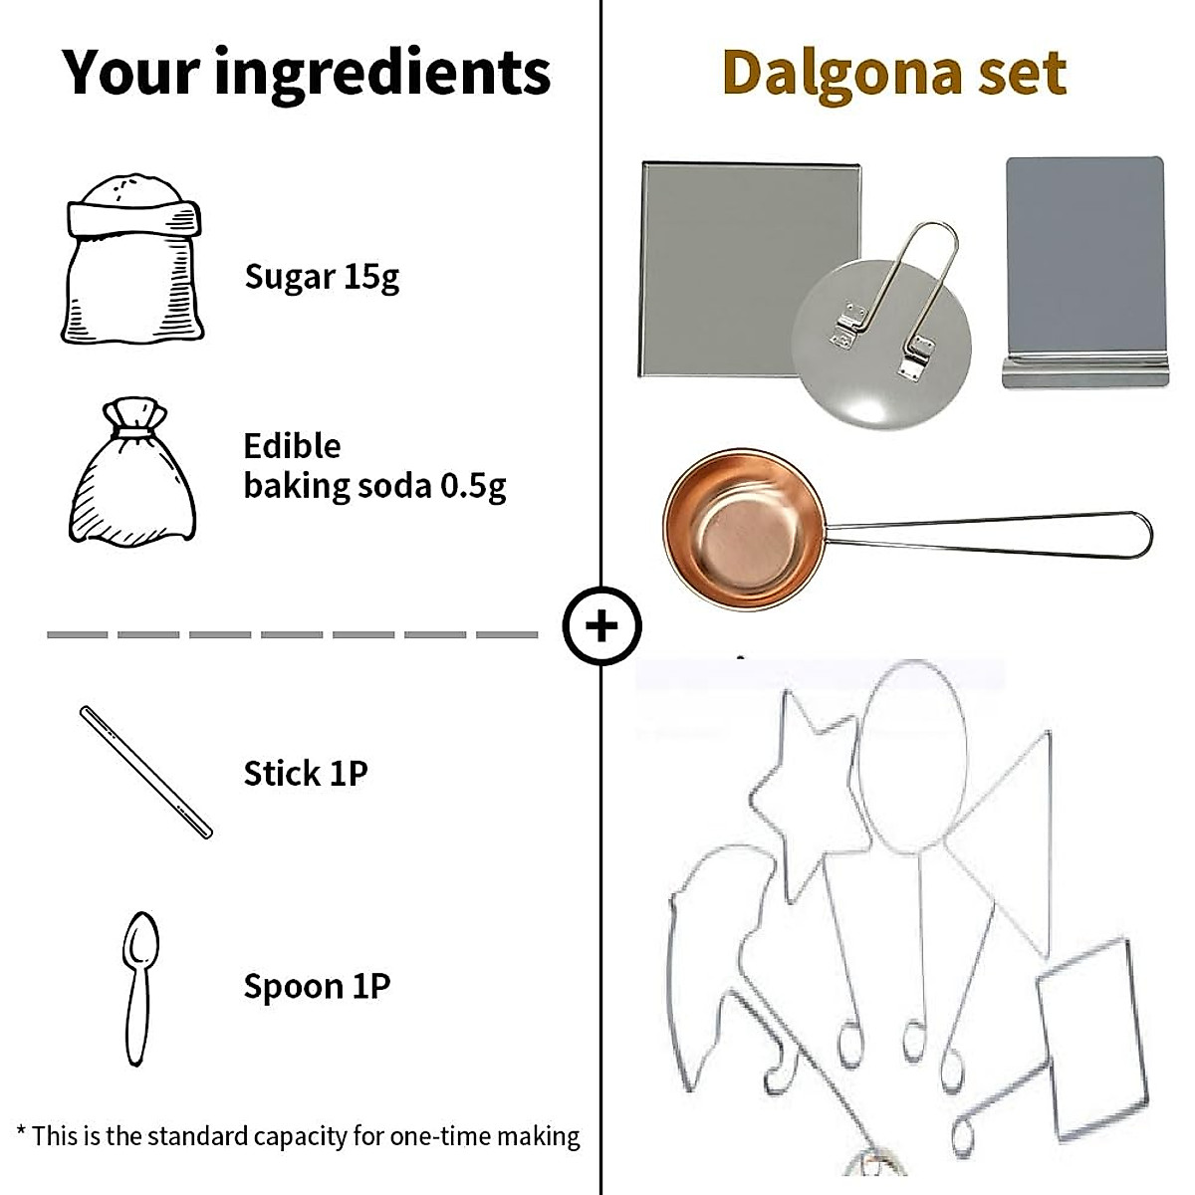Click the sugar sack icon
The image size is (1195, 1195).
click(x=133, y=261)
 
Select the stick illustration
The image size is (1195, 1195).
click(x=145, y=772)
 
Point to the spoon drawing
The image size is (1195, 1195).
click(x=139, y=986)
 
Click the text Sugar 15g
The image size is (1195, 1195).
click(x=321, y=277)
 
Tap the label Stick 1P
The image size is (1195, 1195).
click(x=305, y=774)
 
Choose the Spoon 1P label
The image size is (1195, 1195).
click(x=316, y=987)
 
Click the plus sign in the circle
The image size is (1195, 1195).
click(x=601, y=626)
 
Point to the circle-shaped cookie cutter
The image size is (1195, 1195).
click(x=913, y=757)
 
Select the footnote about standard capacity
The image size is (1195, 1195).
click(x=299, y=1136)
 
